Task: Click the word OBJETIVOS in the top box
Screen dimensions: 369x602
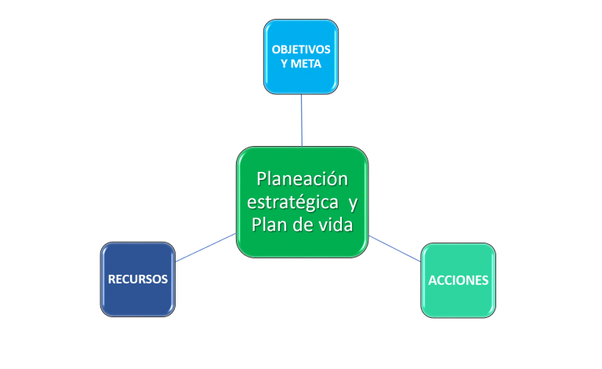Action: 301,49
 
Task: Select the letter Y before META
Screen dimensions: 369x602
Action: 284,64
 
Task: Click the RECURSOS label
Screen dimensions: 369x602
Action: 138,279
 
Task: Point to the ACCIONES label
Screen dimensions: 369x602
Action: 459,280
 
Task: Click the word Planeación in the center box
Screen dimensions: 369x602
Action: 302,178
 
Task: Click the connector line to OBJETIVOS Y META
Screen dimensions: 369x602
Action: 301,119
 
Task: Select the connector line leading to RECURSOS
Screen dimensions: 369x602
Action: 205,247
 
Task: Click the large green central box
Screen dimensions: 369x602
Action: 302,243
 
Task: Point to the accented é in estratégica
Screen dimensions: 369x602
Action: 297,202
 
